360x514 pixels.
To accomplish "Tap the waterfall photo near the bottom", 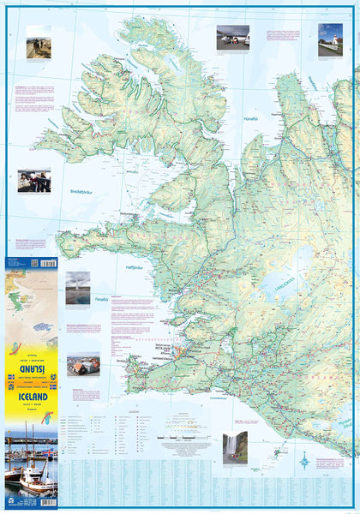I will coord(235,445).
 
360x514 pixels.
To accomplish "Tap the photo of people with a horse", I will coord(34,181).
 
